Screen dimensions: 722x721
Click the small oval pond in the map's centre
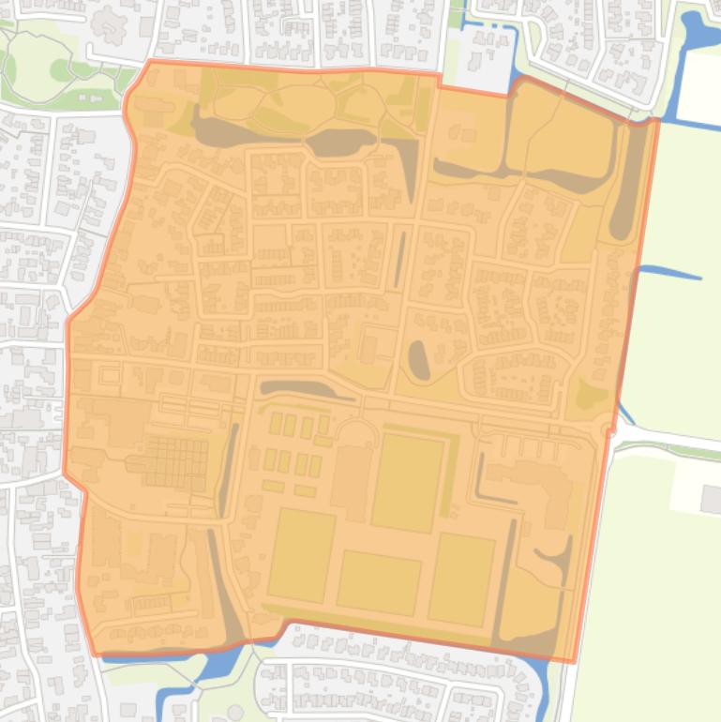[x=419, y=360]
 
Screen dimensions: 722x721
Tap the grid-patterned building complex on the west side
[x=176, y=459]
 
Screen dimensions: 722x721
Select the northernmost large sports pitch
[x=407, y=482]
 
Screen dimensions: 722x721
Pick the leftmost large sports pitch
[x=302, y=555]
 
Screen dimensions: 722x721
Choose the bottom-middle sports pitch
[x=379, y=582]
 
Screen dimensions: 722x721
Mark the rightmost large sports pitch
[x=461, y=579]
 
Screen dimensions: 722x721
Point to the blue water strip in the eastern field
[x=670, y=274]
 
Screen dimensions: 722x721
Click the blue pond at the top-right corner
[x=699, y=33]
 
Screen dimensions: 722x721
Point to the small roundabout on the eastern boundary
[x=609, y=430]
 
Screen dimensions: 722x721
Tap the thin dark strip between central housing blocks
[x=400, y=259]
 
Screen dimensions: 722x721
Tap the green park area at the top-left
[x=38, y=70]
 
